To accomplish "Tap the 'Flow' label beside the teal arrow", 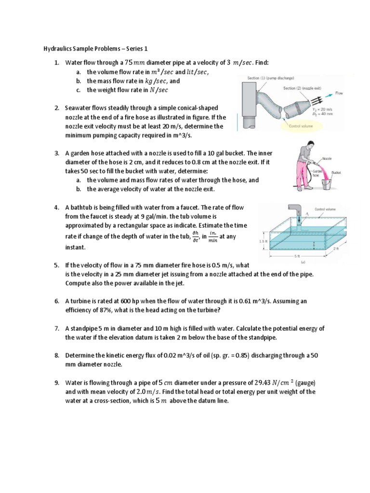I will point(340,93).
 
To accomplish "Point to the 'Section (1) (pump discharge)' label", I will point(270,78).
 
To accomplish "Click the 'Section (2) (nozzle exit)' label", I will point(303,89).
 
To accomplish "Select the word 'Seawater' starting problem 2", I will point(79,108).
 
